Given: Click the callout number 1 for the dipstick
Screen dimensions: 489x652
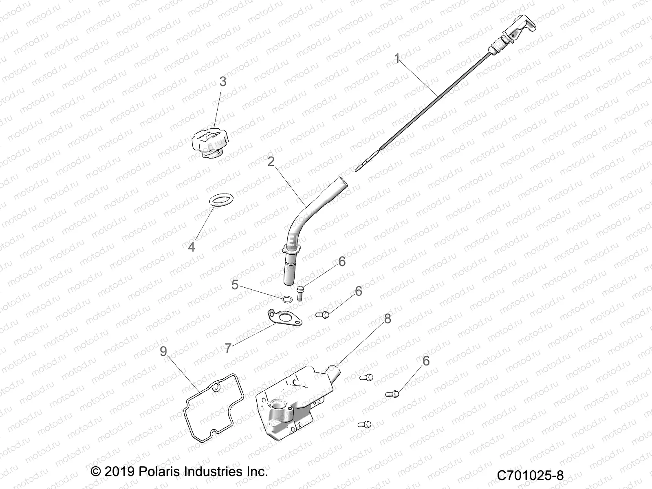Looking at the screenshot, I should [397, 59].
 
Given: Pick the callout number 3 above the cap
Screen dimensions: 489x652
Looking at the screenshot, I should [222, 81].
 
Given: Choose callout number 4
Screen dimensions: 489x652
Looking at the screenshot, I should [191, 247].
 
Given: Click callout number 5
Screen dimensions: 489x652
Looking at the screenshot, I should [235, 284].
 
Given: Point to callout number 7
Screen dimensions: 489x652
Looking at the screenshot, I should [228, 348].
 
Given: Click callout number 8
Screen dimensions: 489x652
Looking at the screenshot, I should [387, 318].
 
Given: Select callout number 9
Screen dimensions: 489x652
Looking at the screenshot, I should [163, 351].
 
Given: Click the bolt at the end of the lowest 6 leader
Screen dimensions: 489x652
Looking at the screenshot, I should [394, 394].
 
